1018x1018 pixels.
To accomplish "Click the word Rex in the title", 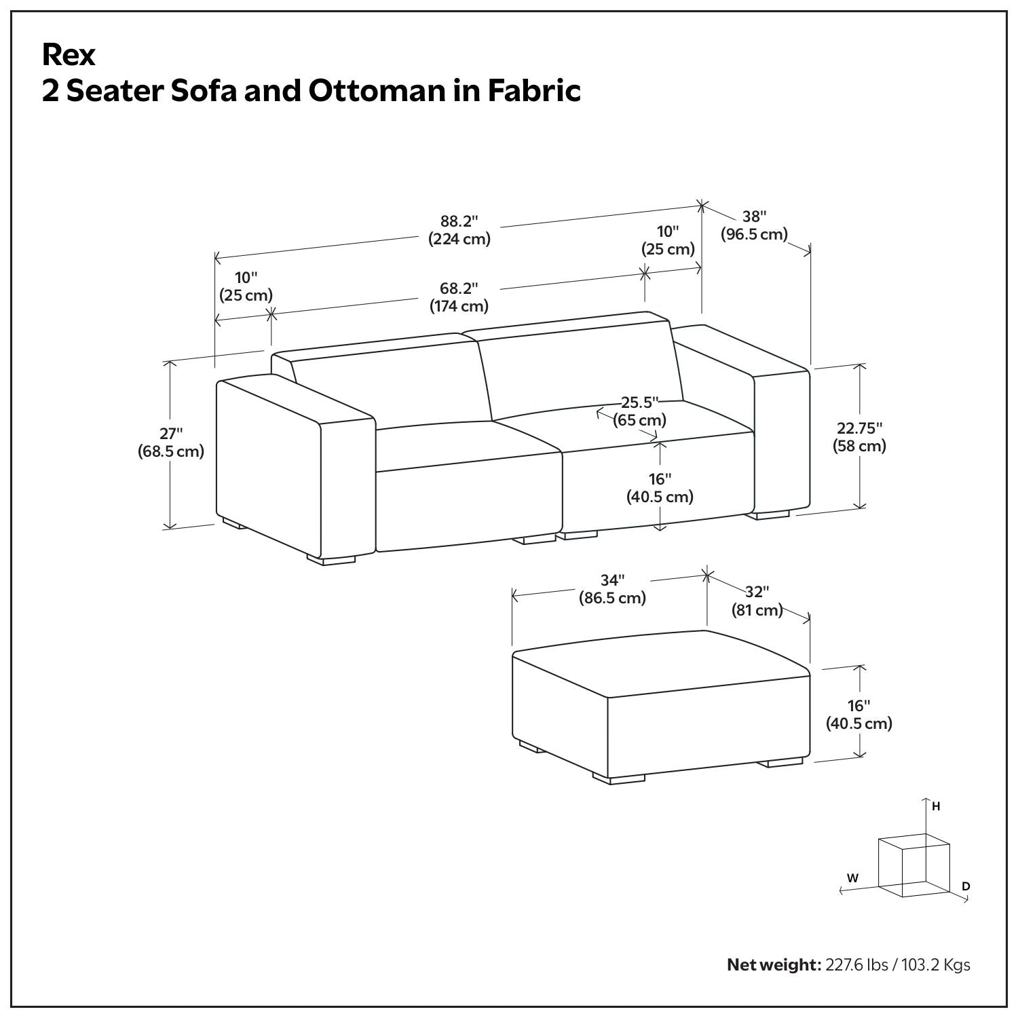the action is pos(69,56).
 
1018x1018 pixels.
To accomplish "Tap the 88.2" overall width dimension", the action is pos(459,221).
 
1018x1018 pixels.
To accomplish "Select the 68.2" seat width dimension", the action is pos(459,288).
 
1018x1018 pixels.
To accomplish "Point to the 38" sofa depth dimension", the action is pos(754,216).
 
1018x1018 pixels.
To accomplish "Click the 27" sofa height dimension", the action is pos(171,433).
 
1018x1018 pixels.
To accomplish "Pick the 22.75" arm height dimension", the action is pos(859,428).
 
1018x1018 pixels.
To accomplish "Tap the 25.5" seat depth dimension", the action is pos(640,402).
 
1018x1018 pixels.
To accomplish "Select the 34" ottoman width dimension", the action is pos(612,580).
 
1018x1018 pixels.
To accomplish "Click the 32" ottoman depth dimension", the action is pos(757,592).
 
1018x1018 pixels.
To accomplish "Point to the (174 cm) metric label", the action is pos(459,306).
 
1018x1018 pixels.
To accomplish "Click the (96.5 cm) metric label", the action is pos(754,235).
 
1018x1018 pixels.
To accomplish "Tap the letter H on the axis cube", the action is pos(936,807).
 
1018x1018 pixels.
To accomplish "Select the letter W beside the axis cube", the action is pos(853,878).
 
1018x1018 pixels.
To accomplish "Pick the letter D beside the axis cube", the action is pos(966,886).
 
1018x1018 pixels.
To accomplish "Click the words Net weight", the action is pos(774,964).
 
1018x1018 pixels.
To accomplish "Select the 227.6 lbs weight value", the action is pos(856,964).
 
